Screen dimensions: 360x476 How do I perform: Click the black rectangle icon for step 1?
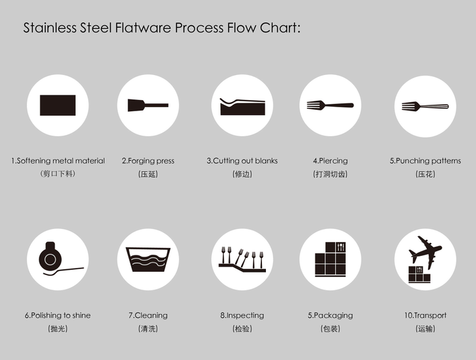58,105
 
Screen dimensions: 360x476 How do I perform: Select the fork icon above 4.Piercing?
330,105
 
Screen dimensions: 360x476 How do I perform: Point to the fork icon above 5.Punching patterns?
425,105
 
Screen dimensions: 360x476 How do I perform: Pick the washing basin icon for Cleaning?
147,259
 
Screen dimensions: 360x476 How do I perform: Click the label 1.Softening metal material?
58,161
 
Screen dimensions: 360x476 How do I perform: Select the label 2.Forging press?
148,161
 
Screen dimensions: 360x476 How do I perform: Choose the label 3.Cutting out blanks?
242,161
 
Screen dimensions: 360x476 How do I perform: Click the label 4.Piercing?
331,161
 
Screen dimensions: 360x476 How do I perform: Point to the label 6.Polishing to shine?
58,315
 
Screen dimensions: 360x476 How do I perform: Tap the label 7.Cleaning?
148,315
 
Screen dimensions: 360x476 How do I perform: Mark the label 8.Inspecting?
242,315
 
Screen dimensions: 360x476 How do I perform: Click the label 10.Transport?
425,315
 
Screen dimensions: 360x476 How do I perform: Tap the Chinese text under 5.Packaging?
331,328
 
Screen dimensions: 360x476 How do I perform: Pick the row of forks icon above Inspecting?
242,259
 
